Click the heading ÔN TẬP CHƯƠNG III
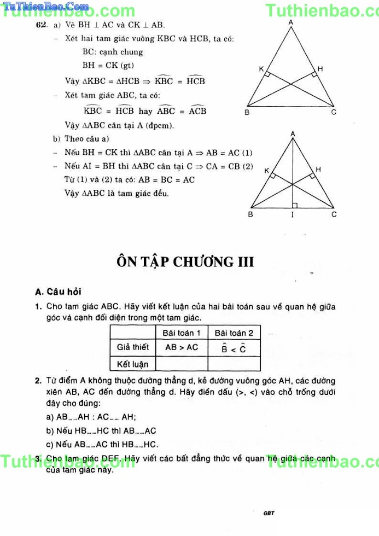185,261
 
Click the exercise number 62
40,25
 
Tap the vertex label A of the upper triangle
290,22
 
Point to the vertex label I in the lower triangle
292,215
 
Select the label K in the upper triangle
261,69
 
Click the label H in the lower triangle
318,170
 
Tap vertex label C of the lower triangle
334,214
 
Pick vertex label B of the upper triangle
247,113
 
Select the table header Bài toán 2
234,333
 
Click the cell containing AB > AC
182,347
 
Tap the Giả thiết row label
133,347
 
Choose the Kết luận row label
133,363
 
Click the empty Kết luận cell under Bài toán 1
182,363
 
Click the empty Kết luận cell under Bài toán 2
234,363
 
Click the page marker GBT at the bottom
268,513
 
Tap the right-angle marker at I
295,205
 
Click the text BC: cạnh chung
113,52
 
